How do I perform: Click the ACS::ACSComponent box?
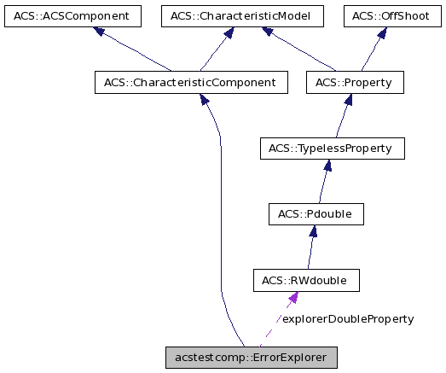(71, 15)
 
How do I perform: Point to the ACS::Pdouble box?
(316, 214)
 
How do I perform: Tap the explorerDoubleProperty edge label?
(347, 318)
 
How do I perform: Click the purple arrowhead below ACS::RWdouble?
(293, 298)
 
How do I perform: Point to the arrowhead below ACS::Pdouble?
(313, 231)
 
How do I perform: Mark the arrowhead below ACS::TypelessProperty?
(327, 166)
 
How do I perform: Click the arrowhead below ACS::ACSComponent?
(99, 32)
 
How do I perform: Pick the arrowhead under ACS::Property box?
(350, 100)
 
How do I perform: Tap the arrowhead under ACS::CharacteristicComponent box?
(205, 100)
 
